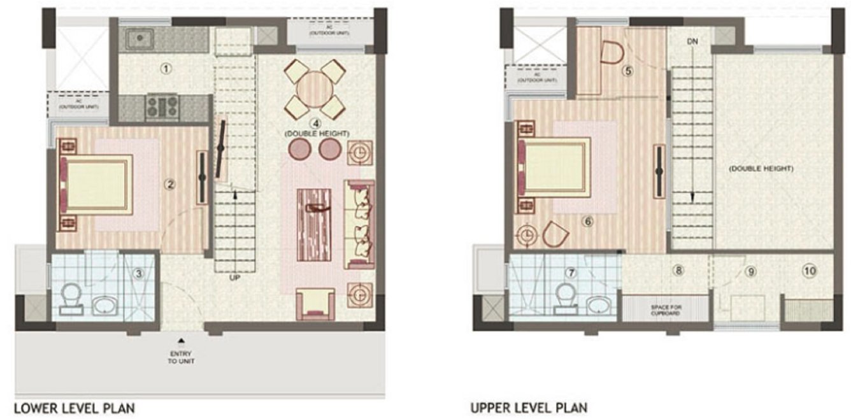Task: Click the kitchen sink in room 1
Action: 138,39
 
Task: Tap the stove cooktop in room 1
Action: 162,106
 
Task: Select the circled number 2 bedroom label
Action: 169,185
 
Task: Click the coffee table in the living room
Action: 315,225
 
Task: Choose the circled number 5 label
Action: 627,71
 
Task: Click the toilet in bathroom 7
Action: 565,295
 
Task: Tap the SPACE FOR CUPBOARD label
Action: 666,310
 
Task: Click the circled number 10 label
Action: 809,271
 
